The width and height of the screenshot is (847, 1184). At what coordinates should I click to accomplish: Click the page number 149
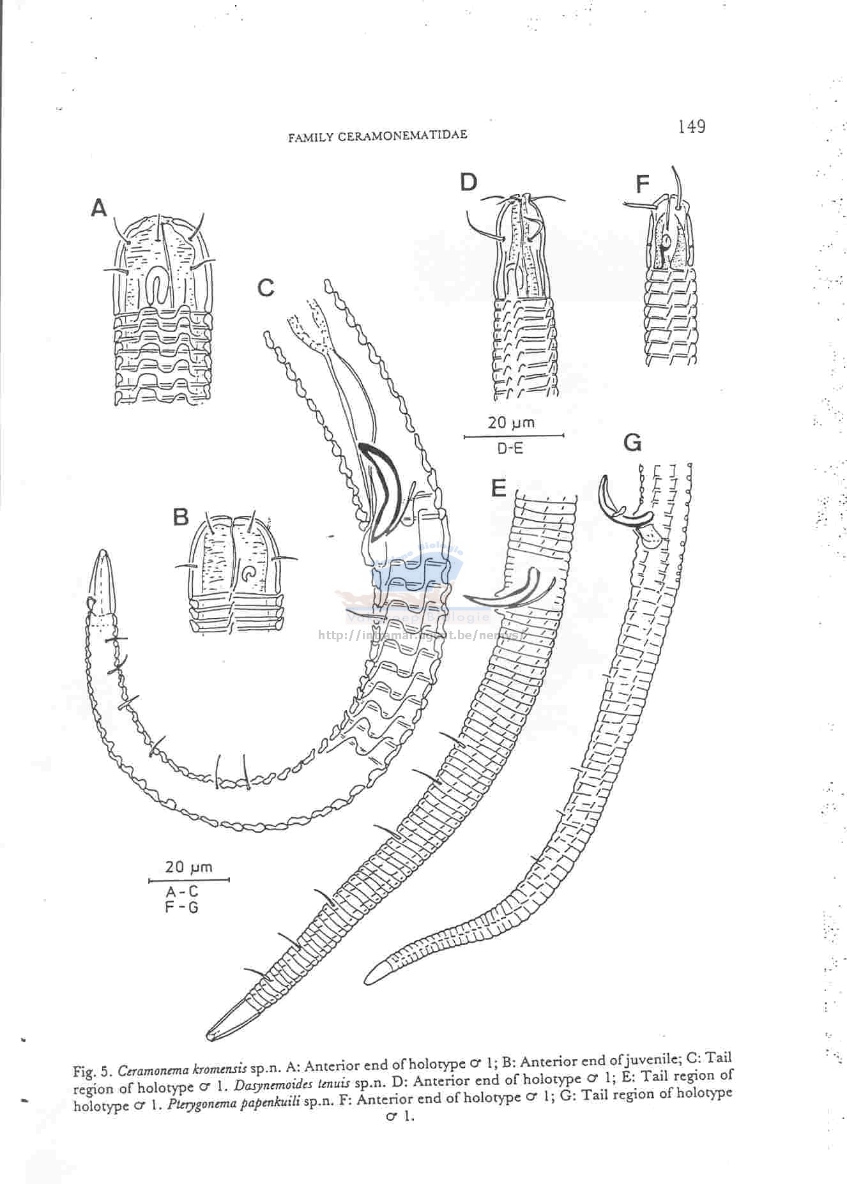(x=692, y=126)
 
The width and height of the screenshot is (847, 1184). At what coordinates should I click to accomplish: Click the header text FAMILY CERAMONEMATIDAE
(x=378, y=135)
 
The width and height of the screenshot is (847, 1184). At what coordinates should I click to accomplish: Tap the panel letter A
(x=98, y=208)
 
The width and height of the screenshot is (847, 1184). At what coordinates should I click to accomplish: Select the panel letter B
(x=181, y=516)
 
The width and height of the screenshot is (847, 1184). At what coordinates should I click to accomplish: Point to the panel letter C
(x=266, y=288)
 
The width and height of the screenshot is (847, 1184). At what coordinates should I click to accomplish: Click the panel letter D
(x=468, y=182)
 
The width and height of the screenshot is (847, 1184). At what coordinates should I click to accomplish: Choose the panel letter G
(x=632, y=442)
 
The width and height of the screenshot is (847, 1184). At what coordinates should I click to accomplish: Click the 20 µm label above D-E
(x=511, y=422)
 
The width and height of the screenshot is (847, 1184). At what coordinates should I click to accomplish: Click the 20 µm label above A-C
(x=188, y=867)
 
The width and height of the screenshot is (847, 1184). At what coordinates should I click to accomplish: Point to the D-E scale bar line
(x=514, y=436)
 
